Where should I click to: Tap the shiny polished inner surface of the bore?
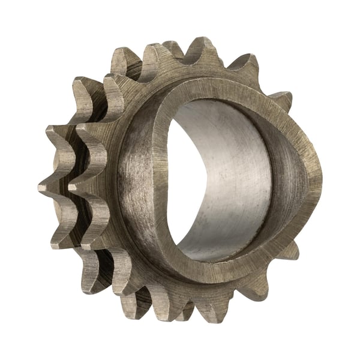tap(234, 180)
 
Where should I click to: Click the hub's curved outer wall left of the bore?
tap(135, 180)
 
